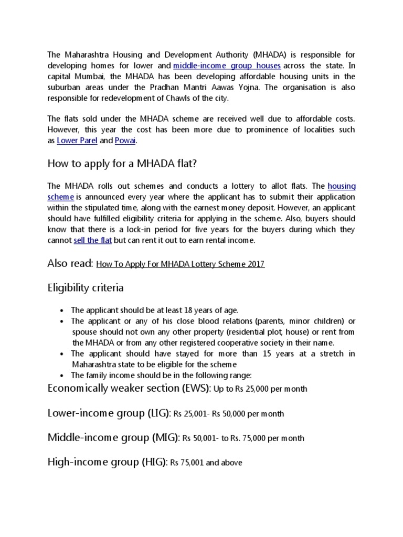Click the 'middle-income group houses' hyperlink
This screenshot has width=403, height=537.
pos(227,66)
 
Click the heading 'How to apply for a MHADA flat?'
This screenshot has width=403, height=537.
pos(122,164)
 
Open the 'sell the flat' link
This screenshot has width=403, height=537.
pos(92,240)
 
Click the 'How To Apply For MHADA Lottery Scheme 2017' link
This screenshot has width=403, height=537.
pos(181,264)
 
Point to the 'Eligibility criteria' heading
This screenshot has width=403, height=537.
pos(86,287)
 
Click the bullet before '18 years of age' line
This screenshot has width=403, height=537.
pos(62,310)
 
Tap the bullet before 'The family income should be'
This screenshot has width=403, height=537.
pos(62,375)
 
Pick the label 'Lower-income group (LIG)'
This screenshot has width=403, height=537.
pos(109,413)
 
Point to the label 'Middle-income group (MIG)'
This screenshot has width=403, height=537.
pos(113,437)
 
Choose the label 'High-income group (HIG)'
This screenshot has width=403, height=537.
pos(107,461)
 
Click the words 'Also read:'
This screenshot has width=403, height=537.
pos(70,263)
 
